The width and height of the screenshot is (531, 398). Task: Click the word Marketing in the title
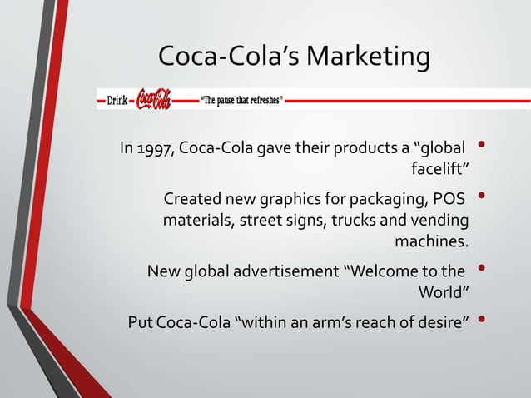[368, 58]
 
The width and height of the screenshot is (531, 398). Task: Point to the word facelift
[440, 172]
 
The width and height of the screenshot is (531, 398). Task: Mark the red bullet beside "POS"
[482, 198]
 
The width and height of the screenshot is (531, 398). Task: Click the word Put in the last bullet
[139, 321]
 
